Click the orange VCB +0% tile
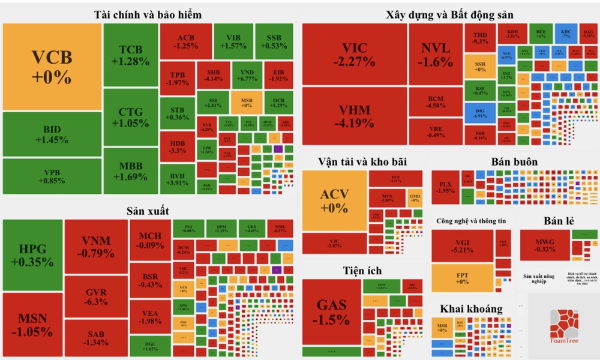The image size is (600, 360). tap(52, 67)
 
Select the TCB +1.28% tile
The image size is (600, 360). tap(130, 55)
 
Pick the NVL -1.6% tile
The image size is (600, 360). tap(436, 54)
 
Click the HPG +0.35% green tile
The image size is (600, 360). tap(32, 255)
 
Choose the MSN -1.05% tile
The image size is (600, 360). tap(32, 325)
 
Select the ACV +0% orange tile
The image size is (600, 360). tap(334, 200)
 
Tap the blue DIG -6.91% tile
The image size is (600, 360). tap(480, 113)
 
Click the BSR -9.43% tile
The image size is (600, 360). tap(150, 280)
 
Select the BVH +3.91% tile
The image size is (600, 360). tap(178, 179)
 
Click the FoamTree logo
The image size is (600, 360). tap(565, 328)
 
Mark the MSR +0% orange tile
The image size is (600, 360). tap(442, 327)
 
